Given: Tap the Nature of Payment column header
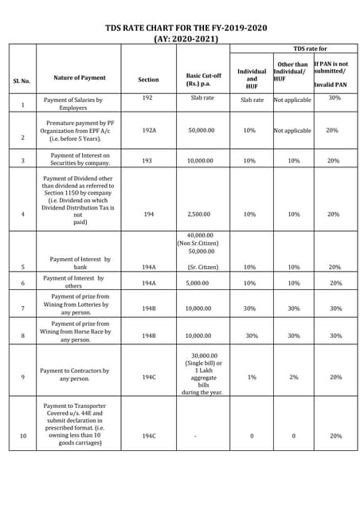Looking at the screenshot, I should (x=78, y=78).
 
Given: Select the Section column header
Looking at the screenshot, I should (x=148, y=80).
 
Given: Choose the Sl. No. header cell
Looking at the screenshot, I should (x=22, y=80).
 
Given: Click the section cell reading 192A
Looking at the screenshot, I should (x=149, y=130).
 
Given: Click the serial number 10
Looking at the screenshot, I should (x=22, y=436).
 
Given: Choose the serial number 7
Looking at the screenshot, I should (x=22, y=308).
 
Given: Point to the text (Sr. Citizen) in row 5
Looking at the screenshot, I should (x=201, y=267).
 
